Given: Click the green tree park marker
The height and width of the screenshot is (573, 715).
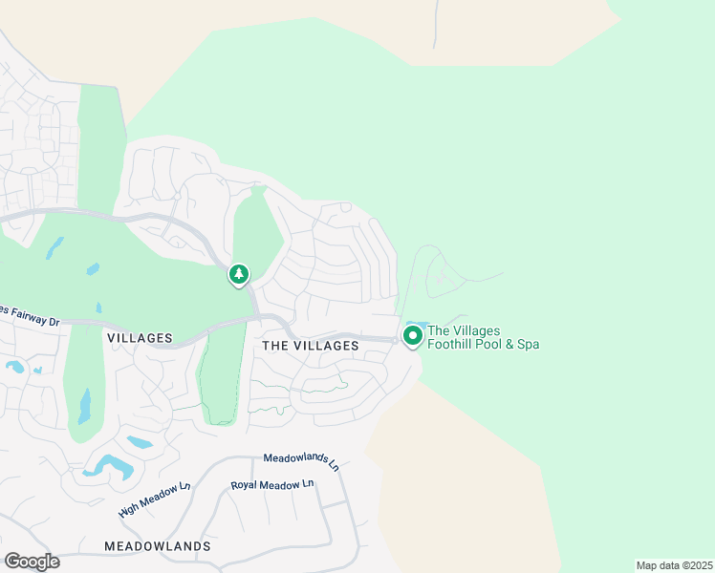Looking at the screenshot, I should [238, 275].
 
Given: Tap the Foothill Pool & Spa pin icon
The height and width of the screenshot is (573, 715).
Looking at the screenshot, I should [413, 336].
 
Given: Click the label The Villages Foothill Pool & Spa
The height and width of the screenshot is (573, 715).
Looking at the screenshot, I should [483, 337].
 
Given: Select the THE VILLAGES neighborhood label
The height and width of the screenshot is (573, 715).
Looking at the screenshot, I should [310, 346].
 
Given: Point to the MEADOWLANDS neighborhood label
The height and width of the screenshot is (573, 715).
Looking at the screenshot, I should [158, 546].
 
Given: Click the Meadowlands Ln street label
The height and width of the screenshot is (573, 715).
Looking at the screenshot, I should [301, 462].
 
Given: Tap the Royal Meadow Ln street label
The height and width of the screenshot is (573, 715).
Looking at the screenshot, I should [272, 485].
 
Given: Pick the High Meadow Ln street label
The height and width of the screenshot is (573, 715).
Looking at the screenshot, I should [155, 499].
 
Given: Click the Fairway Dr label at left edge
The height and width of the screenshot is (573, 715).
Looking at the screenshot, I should [30, 316].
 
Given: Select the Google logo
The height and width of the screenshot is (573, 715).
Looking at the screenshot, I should [32, 562].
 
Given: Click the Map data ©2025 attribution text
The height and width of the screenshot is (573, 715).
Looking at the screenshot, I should [674, 565].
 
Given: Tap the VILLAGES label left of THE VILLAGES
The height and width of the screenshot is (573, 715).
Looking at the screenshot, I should [140, 338].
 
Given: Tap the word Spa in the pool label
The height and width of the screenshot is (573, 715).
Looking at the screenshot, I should [528, 344].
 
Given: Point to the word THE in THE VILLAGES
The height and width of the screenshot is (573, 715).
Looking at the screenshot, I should [275, 346].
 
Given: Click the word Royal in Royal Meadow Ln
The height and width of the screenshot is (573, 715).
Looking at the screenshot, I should [245, 486].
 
